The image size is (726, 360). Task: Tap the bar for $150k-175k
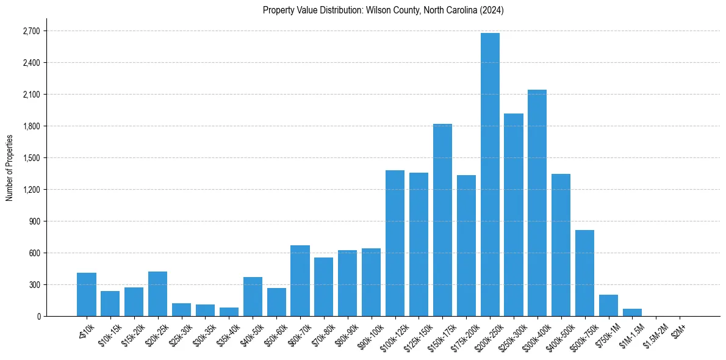[442, 220]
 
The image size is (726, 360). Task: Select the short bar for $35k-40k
[229, 312]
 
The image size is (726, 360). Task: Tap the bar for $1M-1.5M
[632, 312]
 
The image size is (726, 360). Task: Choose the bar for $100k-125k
[395, 243]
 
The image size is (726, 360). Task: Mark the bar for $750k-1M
[608, 306]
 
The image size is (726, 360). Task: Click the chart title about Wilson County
[383, 10]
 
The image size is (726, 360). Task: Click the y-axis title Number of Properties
[9, 168]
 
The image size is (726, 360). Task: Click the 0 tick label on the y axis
[38, 317]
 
